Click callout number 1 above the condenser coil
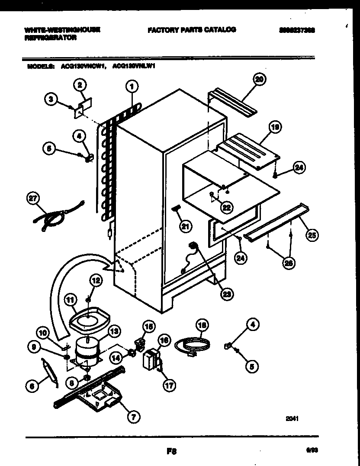coord(132,87)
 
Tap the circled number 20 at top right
coord(259,79)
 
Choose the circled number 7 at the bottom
coord(133,417)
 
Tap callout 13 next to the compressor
coord(114,331)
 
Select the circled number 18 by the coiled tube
coord(202,325)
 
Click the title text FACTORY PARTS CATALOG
coord(192,30)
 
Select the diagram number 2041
coord(292,418)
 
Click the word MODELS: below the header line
coord(41,67)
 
